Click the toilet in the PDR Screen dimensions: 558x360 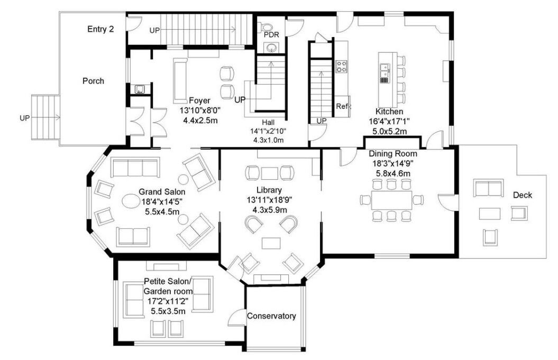coord(265,26)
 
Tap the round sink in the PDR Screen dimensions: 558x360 coord(271,47)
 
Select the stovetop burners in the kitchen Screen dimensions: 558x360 coord(341,67)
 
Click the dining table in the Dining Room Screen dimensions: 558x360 coord(391,200)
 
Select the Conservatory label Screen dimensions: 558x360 coord(271,316)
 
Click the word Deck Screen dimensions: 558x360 coord(523,195)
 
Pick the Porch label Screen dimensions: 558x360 coord(93,81)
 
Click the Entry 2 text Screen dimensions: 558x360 coord(100,29)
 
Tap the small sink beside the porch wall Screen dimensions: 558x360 coord(139,89)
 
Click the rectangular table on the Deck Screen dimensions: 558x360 coord(490,214)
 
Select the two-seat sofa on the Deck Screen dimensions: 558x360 coord(488,188)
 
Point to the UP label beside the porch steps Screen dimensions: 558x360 coord(24,118)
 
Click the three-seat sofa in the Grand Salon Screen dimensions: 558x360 coord(135,167)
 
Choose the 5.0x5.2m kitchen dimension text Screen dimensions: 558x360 coord(389,131)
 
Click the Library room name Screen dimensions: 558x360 coord(269,190)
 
